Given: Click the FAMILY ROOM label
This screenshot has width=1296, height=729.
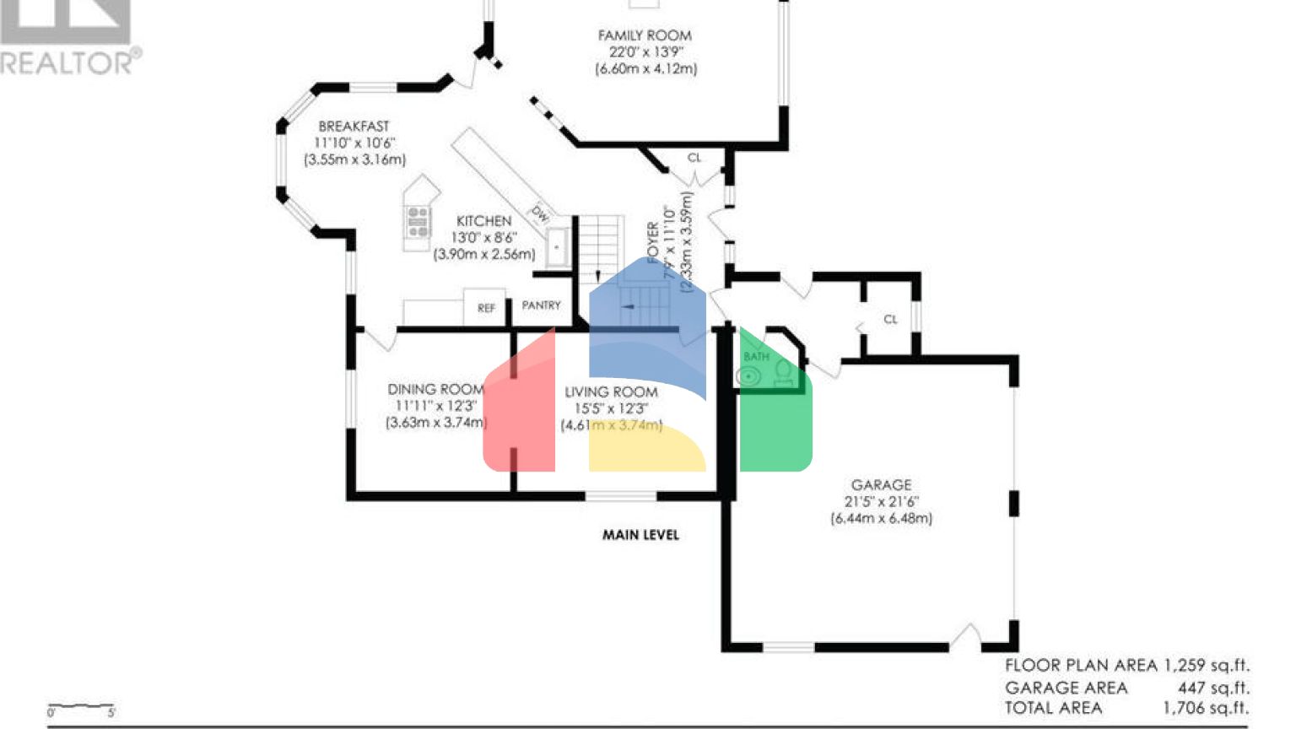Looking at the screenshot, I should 645,35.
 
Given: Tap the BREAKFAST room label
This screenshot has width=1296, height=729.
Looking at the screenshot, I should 354,127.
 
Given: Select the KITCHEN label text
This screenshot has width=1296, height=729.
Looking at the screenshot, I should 483,221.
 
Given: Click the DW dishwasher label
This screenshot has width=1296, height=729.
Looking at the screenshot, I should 540,213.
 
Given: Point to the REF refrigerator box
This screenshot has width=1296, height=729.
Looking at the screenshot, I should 485,308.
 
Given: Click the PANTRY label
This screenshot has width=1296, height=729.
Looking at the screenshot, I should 541,305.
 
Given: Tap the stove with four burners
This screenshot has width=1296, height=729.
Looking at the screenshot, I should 418,221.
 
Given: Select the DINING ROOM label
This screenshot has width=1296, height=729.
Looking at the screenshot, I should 435,389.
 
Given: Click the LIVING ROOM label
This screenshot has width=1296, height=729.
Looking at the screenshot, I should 611,391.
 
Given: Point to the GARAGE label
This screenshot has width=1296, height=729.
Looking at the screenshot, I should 881,485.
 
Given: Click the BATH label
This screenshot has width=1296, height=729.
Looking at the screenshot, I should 756,357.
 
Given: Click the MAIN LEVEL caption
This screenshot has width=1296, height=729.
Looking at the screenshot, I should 640,535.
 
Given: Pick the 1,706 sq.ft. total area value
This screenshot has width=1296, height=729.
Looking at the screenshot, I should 1207,708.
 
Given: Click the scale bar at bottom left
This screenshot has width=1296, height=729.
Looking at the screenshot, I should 81,707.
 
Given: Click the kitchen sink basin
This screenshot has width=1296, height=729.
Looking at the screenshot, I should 557,247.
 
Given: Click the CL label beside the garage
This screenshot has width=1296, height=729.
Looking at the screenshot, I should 890,319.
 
